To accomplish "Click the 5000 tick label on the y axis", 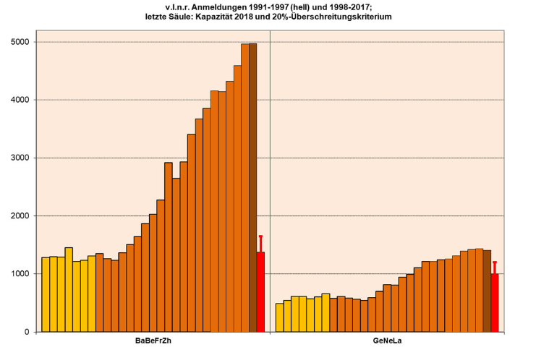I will tap(20, 42).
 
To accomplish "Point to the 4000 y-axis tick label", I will tap(20, 100).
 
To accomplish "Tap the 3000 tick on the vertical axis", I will tap(20, 158).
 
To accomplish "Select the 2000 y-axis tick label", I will tap(20, 216).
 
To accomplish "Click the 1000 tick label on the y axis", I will tap(20, 274).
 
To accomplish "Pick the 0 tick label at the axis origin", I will tap(27, 332).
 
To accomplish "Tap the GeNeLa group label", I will tap(387, 340).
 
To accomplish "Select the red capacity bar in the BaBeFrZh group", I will tap(260, 292).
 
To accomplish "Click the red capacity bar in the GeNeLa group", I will tap(495, 303).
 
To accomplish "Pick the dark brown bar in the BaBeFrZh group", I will tap(252, 188).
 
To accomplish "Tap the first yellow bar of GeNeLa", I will tap(279, 317).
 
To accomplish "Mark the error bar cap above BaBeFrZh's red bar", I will tap(260, 236).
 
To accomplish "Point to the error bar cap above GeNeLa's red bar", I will tap(495, 262).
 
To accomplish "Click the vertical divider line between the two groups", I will tap(270, 181).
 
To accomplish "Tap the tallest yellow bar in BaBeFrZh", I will tap(69, 289).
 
